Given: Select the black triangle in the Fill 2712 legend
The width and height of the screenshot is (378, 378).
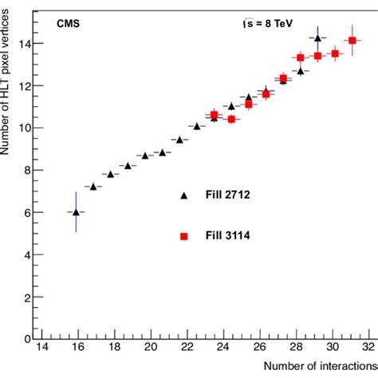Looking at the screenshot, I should (x=184, y=195).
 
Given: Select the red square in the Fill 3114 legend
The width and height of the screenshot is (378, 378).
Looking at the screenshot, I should (x=184, y=237).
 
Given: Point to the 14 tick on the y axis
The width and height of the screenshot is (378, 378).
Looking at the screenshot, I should (x=30, y=43).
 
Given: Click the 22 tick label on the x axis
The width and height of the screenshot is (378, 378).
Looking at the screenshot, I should (x=186, y=347).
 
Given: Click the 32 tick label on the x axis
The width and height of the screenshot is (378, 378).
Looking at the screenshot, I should (x=368, y=347).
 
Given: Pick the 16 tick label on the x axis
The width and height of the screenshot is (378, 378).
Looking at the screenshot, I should (x=77, y=347).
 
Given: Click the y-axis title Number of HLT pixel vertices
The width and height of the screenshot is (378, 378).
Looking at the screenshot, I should (x=7, y=88).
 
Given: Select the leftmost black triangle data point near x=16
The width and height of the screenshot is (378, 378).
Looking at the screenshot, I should (x=76, y=212).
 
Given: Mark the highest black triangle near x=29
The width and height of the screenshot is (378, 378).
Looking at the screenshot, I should (x=317, y=37).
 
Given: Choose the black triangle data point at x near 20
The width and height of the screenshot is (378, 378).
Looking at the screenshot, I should (x=145, y=156).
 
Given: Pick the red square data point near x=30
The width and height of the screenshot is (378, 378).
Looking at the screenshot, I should (x=335, y=53).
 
